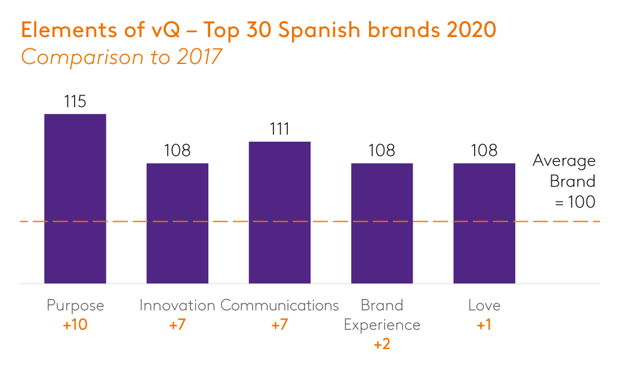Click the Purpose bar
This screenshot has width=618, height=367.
coord(75,198)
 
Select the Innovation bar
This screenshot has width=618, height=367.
coord(177,223)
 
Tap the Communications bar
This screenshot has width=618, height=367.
coord(279,212)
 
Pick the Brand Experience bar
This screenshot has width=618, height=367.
coord(382,223)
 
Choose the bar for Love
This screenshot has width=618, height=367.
coord(484,223)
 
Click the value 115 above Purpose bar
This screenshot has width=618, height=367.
coord(75,102)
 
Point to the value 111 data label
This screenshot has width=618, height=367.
coord(279,130)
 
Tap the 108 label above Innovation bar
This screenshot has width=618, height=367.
coord(177,151)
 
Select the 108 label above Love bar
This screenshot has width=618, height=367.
coord(484,151)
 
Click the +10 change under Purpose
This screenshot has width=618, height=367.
coord(75,325)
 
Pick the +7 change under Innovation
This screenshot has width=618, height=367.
coord(177,325)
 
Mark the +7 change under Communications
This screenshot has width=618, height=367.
coord(279,325)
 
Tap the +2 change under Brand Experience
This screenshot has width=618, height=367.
coord(382,345)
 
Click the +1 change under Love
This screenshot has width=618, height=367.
coord(484,325)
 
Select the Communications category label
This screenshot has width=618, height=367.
coord(279,305)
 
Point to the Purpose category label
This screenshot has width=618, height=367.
coord(75,306)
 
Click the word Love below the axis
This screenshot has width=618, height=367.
coord(484,305)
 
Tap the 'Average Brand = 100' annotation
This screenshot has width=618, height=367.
coord(565,182)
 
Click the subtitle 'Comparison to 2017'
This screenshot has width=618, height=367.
coord(122,57)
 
